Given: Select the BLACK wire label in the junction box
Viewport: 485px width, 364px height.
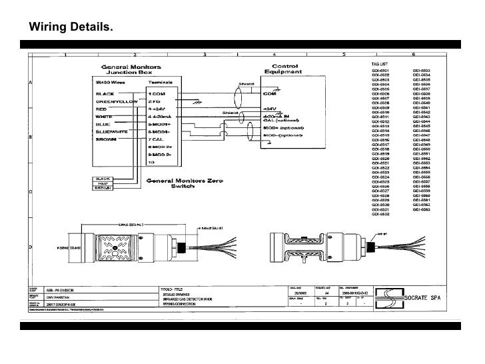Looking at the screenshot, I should [x=107, y=94].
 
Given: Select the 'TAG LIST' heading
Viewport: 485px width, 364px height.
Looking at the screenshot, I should [x=380, y=64].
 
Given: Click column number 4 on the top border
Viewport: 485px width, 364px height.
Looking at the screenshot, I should [x=276, y=54].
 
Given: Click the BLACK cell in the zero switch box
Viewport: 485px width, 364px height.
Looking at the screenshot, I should [x=103, y=178].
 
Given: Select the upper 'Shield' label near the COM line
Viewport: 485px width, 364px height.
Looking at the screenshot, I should [x=245, y=85].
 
